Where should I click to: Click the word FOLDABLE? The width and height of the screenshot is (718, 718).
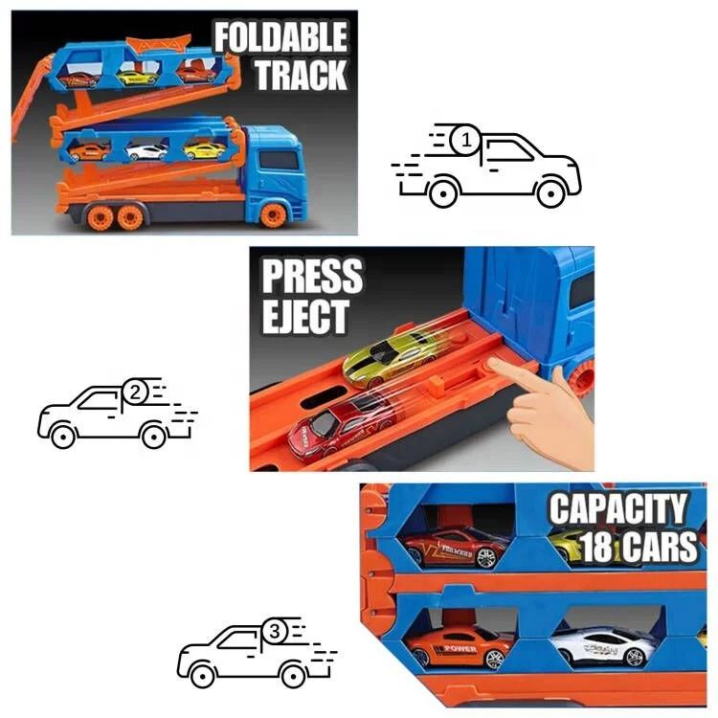[x=279, y=38]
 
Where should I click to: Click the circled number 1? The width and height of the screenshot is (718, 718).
[x=466, y=142]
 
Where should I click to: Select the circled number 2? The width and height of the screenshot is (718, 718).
[x=135, y=392]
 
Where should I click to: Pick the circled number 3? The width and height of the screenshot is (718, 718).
[x=275, y=632]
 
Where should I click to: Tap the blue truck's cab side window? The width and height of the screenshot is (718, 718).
[x=279, y=161]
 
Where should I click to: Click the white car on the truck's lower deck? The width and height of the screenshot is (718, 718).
[x=147, y=150]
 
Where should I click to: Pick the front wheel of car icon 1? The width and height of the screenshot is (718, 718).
[x=550, y=192]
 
